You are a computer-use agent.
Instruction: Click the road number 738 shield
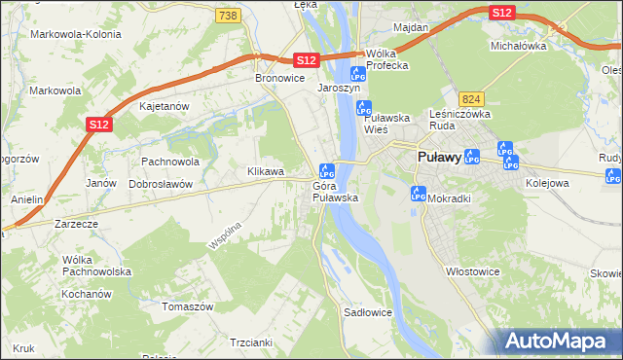coord(228,16)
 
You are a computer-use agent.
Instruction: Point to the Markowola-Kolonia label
coord(68,34)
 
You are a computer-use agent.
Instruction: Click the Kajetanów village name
coord(163,107)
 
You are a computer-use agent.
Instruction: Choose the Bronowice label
coord(279,78)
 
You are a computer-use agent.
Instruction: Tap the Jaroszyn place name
coord(339,87)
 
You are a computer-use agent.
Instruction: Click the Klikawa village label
coord(266,171)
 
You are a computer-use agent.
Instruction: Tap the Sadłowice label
coord(368,313)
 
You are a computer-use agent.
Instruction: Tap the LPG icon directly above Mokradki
coord(419,193)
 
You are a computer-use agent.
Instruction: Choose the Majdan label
coord(411,27)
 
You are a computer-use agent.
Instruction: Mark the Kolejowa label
coord(546,182)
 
